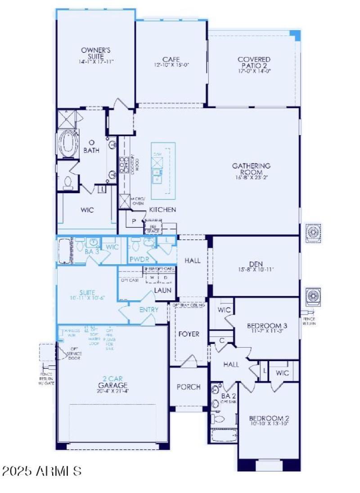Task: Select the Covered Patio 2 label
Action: pyautogui.click(x=254, y=63)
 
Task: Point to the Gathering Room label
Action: pyautogui.click(x=251, y=169)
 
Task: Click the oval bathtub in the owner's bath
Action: pyautogui.click(x=69, y=142)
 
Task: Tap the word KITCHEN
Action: pyautogui.click(x=162, y=210)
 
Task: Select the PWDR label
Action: pyautogui.click(x=136, y=260)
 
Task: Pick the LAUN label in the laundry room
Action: pyautogui.click(x=162, y=290)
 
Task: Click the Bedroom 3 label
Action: pyautogui.click(x=267, y=326)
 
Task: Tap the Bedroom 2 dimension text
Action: pyautogui.click(x=269, y=424)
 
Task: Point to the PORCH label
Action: pyautogui.click(x=188, y=387)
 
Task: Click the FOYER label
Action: pyautogui.click(x=189, y=334)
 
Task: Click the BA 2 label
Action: pyautogui.click(x=229, y=396)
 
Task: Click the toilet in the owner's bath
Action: pyautogui.click(x=68, y=181)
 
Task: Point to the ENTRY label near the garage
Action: pyautogui.click(x=148, y=310)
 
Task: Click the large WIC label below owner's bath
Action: pyautogui.click(x=87, y=210)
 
